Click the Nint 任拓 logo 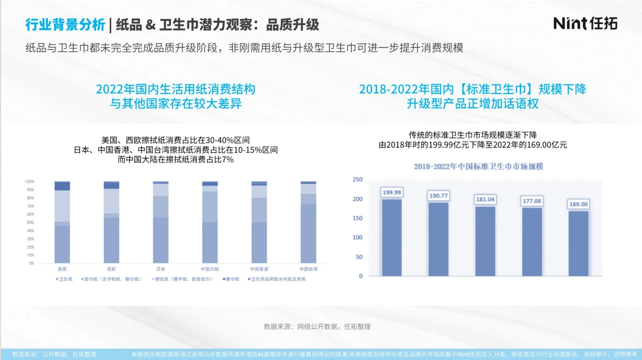(585, 23)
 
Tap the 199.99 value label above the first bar (391, 192)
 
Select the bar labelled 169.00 (578, 243)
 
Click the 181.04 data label (485, 199)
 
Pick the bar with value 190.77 (438, 239)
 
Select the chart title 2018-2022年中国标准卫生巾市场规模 (479, 166)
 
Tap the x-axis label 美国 (62, 269)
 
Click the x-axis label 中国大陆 (209, 269)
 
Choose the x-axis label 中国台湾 (308, 269)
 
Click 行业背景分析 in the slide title (65, 24)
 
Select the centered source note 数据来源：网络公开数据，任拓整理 (317, 326)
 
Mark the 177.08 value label (532, 201)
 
